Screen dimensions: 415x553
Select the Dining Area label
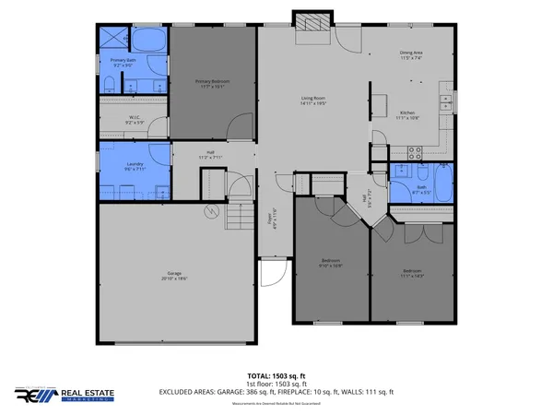pyautogui.click(x=411, y=55)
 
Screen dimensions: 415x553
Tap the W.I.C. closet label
pyautogui.click(x=134, y=120)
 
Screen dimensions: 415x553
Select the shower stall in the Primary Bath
pyautogui.click(x=114, y=39)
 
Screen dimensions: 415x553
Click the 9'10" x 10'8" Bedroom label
pyautogui.click(x=332, y=264)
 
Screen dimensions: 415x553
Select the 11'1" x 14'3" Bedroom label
pyautogui.click(x=412, y=273)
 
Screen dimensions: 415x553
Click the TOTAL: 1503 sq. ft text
pyautogui.click(x=276, y=376)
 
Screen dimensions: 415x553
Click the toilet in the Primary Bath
pyautogui.click(x=108, y=86)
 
